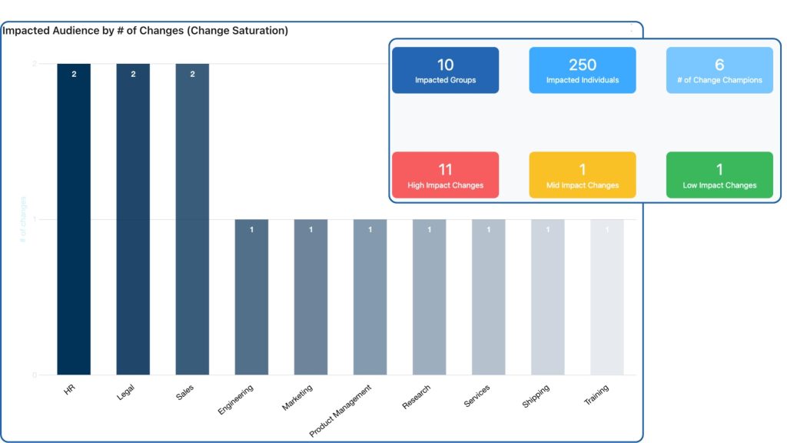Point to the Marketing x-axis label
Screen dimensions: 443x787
coord(297,397)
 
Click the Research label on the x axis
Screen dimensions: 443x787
coord(416,397)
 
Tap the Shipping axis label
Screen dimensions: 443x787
coord(536,396)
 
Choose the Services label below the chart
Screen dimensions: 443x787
coord(477,396)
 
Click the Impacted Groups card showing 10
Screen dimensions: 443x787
coord(445,70)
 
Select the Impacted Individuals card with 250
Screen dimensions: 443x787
coord(582,70)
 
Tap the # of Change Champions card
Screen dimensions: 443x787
coord(719,70)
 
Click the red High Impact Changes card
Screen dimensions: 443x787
coord(445,175)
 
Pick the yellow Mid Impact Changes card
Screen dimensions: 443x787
coord(582,175)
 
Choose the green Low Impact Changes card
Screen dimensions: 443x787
coord(719,175)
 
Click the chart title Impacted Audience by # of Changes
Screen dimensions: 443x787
coord(145,31)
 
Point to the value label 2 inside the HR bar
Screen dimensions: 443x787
coord(74,75)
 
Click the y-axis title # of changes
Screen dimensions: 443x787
coord(24,220)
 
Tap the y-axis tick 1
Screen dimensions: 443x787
coord(35,220)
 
